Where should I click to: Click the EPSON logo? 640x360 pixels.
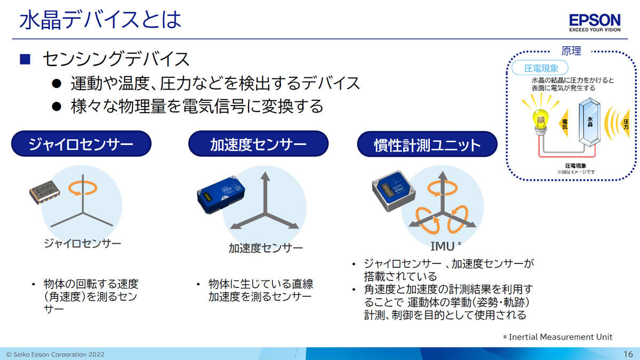click(x=595, y=22)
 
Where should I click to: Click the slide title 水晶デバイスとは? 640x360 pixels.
click(x=100, y=20)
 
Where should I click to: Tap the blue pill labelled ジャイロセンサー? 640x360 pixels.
click(x=81, y=143)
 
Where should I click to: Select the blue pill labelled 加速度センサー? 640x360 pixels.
click(x=258, y=143)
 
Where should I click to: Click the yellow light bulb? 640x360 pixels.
click(x=540, y=120)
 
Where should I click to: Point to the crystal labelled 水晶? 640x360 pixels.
click(x=589, y=122)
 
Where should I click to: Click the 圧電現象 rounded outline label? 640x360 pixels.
click(x=540, y=68)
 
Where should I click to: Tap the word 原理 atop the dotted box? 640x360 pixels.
click(x=571, y=51)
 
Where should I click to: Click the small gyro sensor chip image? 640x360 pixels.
click(x=45, y=192)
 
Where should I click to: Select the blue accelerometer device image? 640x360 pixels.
click(x=221, y=195)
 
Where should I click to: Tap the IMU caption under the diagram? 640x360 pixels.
click(x=442, y=246)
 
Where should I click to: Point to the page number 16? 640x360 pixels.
click(x=628, y=354)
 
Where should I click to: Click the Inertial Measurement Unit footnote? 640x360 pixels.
click(x=557, y=337)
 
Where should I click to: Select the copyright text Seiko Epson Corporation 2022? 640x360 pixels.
click(x=55, y=354)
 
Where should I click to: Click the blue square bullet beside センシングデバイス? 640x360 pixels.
click(x=25, y=59)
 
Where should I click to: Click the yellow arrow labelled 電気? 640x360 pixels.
click(x=564, y=123)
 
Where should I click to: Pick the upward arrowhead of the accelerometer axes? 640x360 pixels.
click(x=266, y=176)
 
